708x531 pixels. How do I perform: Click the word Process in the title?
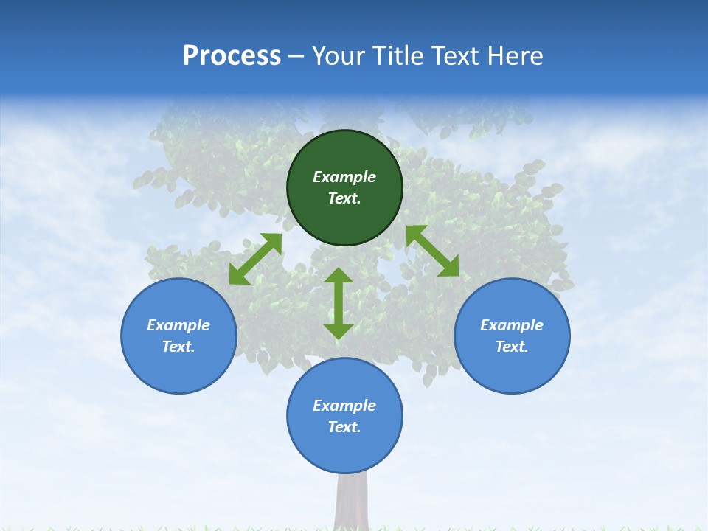232,56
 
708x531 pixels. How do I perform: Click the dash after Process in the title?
296,58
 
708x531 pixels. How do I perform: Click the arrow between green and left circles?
256,259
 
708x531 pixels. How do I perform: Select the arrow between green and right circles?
432,251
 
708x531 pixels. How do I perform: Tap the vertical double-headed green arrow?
339,303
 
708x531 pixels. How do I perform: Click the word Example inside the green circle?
344,177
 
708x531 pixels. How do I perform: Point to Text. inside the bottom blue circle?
344,427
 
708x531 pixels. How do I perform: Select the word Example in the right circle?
512,325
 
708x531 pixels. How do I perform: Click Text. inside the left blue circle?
178,347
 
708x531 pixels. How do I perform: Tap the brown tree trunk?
352,502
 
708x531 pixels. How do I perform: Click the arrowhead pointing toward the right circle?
448,266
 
